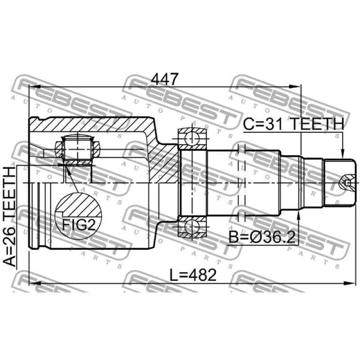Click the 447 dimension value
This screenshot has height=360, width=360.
pos(165,80)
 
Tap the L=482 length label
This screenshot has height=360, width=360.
pos(193,275)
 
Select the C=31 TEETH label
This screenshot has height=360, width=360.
pos(294,124)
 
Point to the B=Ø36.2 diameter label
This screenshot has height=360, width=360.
pos(262,237)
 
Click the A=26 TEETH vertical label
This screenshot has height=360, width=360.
pos(10,216)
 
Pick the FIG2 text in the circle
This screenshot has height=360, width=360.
pos(79,225)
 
